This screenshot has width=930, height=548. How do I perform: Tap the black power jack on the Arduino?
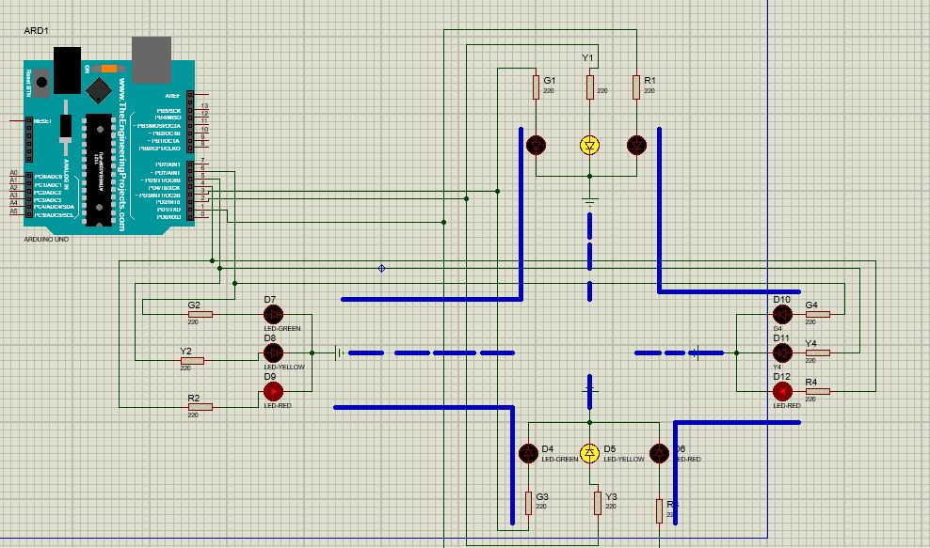[x=66, y=70]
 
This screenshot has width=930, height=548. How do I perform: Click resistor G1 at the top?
[x=536, y=87]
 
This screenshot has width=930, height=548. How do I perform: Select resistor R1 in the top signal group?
[x=637, y=87]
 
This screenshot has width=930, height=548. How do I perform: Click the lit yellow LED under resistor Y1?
[x=589, y=145]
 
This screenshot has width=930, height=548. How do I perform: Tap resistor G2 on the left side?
[x=200, y=314]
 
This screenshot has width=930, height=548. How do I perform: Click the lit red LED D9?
[x=273, y=389]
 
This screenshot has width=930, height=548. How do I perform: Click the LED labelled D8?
[x=273, y=352]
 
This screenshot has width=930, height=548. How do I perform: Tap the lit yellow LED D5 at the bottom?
[x=589, y=453]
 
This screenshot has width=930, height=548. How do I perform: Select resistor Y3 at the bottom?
[x=598, y=502]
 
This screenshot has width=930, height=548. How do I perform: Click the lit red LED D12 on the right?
[x=781, y=389]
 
